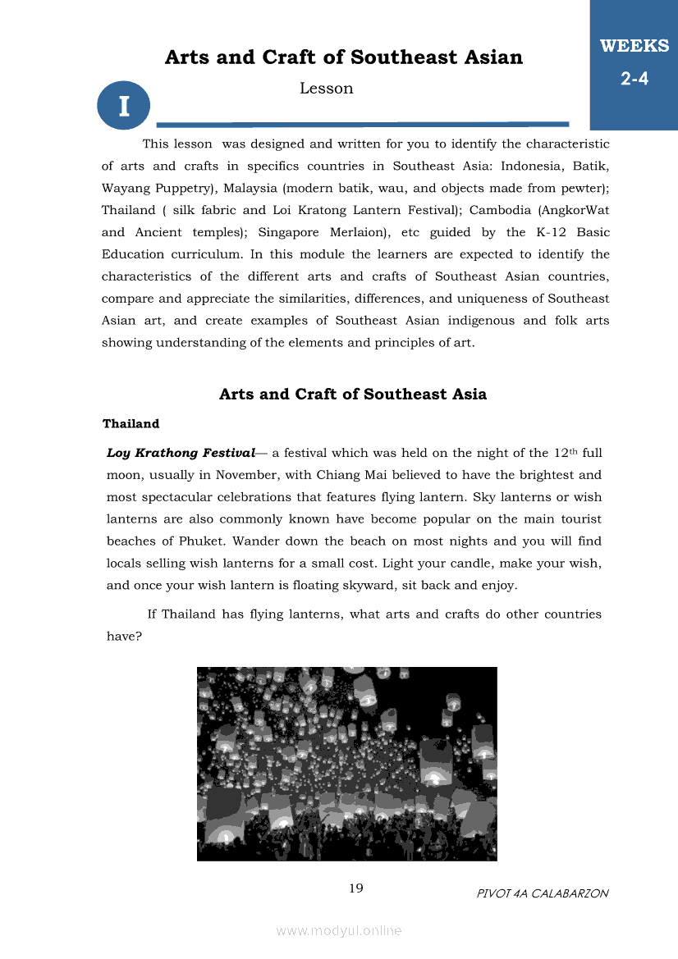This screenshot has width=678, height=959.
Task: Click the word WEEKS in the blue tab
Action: click(634, 46)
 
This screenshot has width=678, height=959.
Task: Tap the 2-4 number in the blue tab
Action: click(634, 80)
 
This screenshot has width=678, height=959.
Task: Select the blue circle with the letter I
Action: click(123, 105)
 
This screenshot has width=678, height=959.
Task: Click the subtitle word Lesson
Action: click(326, 89)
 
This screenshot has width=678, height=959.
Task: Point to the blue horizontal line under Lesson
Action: click(362, 125)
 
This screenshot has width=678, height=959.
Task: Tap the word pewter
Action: click(581, 187)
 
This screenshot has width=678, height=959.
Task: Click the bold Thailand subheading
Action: click(131, 424)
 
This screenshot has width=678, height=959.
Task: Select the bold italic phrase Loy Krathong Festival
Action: click(181, 453)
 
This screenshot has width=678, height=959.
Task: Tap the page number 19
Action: click(356, 888)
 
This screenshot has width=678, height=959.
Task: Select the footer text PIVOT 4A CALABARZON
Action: click(543, 893)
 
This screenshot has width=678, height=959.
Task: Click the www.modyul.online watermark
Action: click(339, 930)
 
